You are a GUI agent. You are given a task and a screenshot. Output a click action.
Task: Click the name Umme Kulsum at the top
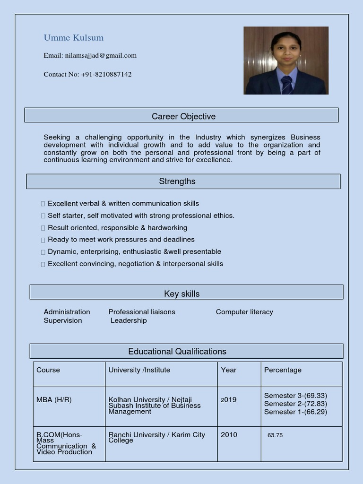(x=73, y=38)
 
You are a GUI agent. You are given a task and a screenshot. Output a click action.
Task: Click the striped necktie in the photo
(x=286, y=85)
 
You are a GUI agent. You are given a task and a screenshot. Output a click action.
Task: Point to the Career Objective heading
(x=183, y=116)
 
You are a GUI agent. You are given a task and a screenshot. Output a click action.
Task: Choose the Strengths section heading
(x=177, y=181)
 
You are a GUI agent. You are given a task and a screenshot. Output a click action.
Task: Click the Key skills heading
(x=182, y=294)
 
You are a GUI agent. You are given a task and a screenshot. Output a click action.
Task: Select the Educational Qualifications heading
(x=177, y=352)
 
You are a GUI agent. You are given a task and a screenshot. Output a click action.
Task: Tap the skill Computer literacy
(x=244, y=312)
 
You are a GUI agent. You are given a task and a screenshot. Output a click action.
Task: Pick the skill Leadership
(x=129, y=320)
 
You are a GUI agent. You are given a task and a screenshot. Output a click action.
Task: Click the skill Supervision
(x=63, y=320)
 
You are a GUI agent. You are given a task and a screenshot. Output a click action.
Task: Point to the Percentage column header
(x=283, y=370)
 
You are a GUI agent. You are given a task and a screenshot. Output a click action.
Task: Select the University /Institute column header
(x=139, y=370)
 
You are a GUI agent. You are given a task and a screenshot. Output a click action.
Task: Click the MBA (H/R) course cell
(x=54, y=400)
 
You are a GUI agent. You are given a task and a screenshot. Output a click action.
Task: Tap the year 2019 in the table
(x=229, y=400)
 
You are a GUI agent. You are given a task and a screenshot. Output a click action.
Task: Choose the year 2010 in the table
(x=229, y=435)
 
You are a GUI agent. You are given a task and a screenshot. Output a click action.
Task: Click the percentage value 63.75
(x=275, y=435)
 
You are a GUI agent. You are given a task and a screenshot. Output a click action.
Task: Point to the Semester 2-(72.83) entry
(x=295, y=404)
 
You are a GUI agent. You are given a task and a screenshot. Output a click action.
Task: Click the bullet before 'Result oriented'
(x=43, y=228)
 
